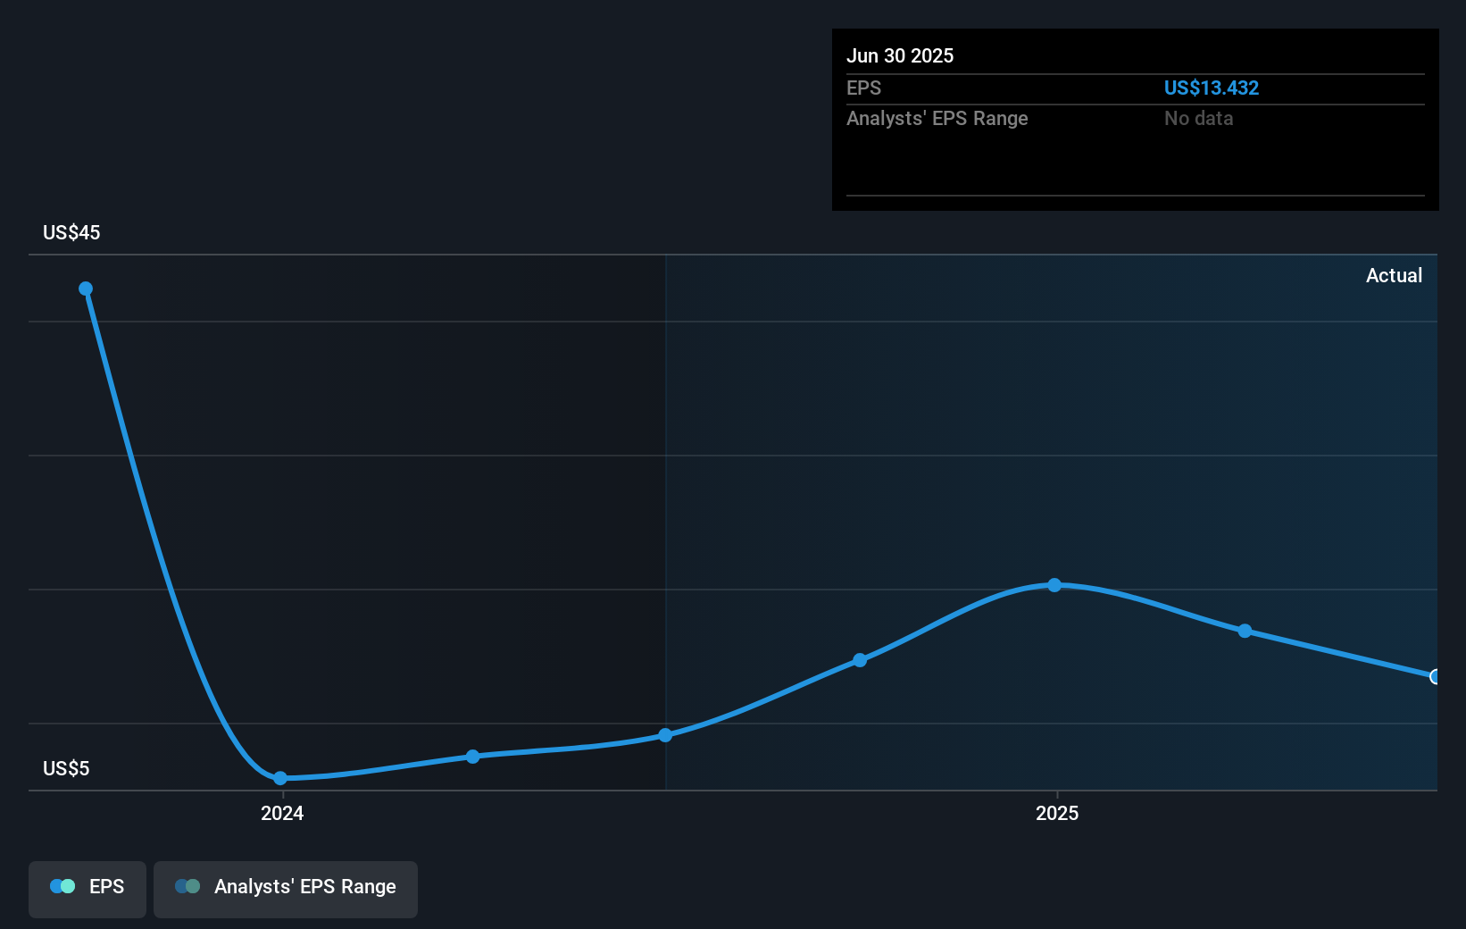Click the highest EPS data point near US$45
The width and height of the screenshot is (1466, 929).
86,289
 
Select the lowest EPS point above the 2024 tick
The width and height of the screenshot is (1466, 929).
280,778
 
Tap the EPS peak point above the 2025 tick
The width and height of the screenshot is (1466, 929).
1054,585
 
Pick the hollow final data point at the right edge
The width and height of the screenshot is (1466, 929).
1436,676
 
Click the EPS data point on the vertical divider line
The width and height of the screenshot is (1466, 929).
665,735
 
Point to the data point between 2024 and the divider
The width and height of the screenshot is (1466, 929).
472,757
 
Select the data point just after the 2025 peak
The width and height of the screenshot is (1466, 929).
1245,631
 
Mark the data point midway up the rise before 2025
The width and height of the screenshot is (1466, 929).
860,660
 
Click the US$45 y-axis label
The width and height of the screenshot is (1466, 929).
71,232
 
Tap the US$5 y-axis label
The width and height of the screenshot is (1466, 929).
66,768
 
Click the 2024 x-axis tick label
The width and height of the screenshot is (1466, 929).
282,813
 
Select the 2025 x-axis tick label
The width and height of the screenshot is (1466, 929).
1057,813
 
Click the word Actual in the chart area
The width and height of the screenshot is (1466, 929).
1394,275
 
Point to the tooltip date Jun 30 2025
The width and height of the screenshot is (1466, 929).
900,55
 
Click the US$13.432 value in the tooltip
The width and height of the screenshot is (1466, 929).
1212,88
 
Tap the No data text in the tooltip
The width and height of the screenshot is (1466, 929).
1199,118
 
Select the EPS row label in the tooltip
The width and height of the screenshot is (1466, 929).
863,88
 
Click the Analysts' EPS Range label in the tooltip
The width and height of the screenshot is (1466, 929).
937,118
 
